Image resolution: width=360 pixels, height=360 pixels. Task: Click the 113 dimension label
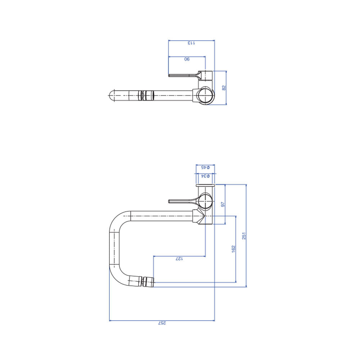pyautogui.click(x=191, y=43)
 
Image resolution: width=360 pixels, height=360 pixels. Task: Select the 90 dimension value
pyautogui.click(x=187, y=59)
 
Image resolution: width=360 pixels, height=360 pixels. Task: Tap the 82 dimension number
pyautogui.click(x=224, y=88)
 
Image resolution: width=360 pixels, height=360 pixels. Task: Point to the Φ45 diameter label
pyautogui.click(x=206, y=167)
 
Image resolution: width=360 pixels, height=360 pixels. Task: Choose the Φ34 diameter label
pyautogui.click(x=206, y=176)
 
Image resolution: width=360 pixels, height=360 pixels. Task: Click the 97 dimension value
pyautogui.click(x=223, y=204)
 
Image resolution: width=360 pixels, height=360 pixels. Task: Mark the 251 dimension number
pyautogui.click(x=244, y=236)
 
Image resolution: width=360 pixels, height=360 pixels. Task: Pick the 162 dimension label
pyautogui.click(x=234, y=249)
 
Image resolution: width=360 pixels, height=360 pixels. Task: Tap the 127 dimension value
pyautogui.click(x=179, y=259)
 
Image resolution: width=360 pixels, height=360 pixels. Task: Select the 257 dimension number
pyautogui.click(x=162, y=323)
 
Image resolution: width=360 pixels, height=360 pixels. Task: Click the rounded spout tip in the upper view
pyautogui.click(x=111, y=95)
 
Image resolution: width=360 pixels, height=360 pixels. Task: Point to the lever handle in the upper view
pyautogui.click(x=184, y=75)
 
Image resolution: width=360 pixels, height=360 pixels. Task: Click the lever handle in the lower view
pyautogui.click(x=183, y=201)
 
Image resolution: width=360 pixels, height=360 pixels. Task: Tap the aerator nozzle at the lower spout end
pyautogui.click(x=148, y=282)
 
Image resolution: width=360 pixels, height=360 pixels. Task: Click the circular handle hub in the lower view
pyautogui.click(x=206, y=201)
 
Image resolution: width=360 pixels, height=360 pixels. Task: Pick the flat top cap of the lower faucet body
pyautogui.click(x=205, y=185)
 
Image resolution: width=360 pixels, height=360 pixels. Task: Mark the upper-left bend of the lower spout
pyautogui.click(x=117, y=219)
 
